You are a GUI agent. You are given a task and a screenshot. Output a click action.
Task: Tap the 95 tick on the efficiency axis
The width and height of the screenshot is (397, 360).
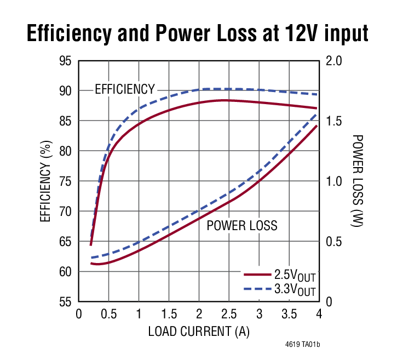tap(65, 60)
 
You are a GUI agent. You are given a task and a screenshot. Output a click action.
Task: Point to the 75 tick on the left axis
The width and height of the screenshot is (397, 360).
tap(65, 181)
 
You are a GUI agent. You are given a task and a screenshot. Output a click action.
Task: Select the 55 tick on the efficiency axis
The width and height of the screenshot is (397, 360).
tap(65, 301)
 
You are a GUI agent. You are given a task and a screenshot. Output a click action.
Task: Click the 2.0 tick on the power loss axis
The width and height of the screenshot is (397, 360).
tap(334, 60)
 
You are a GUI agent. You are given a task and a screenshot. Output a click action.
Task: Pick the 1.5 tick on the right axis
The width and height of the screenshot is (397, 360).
tap(334, 121)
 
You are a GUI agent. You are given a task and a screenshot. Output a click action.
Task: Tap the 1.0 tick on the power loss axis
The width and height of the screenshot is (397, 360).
tap(334, 181)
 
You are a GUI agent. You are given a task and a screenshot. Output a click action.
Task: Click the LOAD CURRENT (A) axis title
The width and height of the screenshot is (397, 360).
tap(199, 332)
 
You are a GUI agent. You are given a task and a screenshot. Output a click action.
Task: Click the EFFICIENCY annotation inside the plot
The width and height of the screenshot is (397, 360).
tap(125, 89)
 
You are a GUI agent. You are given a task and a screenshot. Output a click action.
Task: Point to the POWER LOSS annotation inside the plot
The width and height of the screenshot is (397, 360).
tap(241, 225)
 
